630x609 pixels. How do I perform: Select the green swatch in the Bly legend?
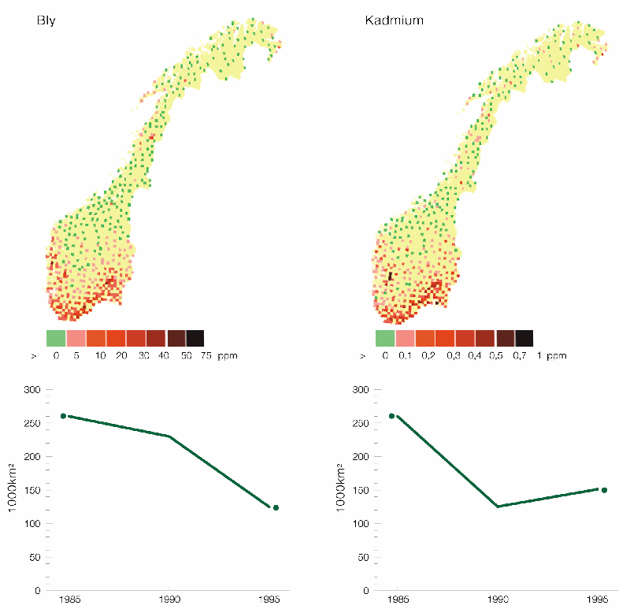[55, 338]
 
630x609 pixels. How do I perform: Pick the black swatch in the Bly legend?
[195, 338]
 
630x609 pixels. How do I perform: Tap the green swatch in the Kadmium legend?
[384, 338]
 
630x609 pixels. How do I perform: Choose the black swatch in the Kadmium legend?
[524, 338]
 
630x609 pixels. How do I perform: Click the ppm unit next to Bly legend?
[228, 356]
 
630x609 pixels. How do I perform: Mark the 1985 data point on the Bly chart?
[63, 416]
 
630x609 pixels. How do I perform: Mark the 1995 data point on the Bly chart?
[276, 507]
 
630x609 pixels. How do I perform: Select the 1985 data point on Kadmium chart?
[392, 416]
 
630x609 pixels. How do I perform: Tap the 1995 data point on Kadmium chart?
[604, 490]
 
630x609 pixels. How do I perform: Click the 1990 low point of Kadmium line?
[498, 507]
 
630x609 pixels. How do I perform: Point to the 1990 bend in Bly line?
[169, 436]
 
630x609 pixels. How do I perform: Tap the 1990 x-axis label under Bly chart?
[169, 600]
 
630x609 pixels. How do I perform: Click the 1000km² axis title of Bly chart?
[13, 488]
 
